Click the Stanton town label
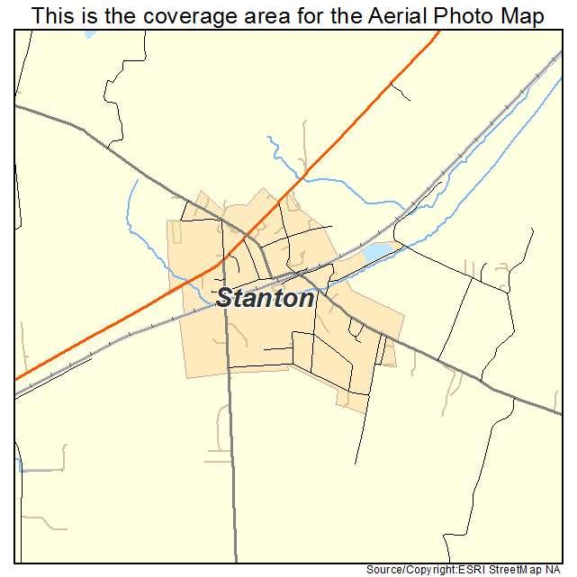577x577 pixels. tap(266, 299)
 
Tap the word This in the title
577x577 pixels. tap(52, 16)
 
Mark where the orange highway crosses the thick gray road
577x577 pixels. tap(245, 237)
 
